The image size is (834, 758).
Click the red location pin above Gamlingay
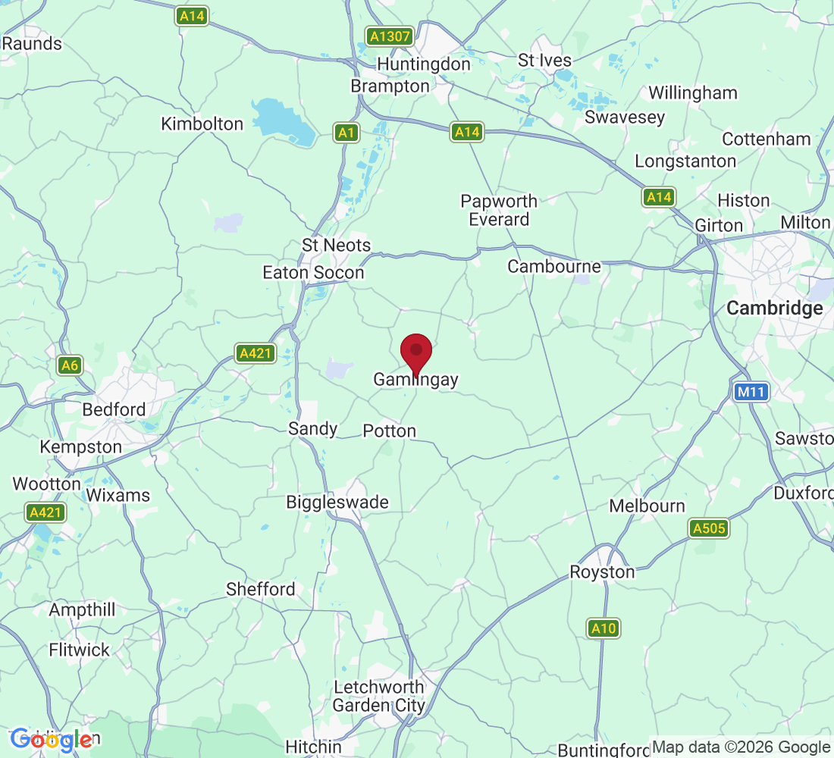point(415,352)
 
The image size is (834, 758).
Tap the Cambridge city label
point(774,309)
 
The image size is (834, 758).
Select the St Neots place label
point(336,246)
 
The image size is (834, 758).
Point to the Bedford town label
point(114,410)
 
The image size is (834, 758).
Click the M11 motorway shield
point(751,392)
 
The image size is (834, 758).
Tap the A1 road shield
point(346,133)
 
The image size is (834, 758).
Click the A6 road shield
point(70,366)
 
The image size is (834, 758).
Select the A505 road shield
point(709,528)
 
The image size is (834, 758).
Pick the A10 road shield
point(604,628)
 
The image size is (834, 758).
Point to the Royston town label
point(602,572)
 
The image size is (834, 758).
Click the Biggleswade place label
point(337,502)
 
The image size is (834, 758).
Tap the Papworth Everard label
point(499,210)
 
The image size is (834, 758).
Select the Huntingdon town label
point(424,64)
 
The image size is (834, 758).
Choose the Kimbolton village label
point(202,124)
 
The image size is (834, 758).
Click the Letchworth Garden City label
point(379,697)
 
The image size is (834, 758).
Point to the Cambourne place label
point(554,267)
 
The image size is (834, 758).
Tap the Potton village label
point(390,431)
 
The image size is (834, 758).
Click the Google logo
point(52,739)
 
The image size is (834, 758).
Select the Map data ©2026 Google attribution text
point(741,747)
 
